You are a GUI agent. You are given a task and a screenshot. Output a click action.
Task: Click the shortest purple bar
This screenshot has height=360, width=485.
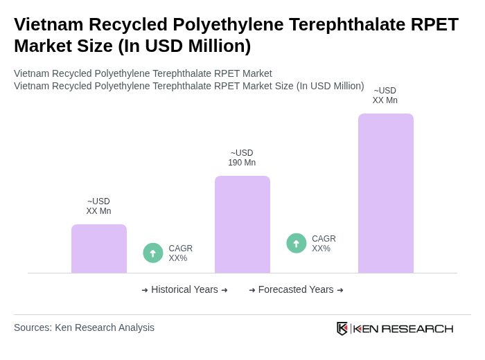(x=99, y=249)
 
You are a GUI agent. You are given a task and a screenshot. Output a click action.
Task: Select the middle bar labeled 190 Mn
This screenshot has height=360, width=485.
(x=242, y=224)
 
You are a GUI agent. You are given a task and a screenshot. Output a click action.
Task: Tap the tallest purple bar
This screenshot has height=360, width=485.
(x=386, y=193)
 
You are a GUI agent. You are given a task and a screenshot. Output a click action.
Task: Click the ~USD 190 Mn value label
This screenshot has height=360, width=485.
(x=242, y=158)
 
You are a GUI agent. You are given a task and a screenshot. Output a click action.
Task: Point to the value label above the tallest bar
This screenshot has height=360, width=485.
(x=385, y=96)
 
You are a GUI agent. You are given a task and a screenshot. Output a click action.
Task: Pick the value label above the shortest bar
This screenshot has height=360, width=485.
(x=98, y=206)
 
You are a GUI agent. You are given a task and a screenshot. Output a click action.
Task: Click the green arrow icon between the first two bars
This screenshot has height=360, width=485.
(x=153, y=253)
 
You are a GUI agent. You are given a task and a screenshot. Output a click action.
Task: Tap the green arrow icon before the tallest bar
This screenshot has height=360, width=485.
(x=297, y=244)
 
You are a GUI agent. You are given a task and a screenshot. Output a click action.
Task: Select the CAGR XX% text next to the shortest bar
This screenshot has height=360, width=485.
(x=180, y=253)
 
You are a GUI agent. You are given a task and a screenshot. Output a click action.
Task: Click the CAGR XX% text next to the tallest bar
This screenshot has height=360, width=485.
(x=324, y=244)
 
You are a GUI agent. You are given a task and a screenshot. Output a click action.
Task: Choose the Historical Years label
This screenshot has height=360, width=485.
(x=184, y=290)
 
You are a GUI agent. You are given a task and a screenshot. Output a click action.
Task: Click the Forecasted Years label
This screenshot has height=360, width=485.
(x=296, y=290)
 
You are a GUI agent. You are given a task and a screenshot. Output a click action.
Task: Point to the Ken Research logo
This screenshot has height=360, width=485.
(x=395, y=328)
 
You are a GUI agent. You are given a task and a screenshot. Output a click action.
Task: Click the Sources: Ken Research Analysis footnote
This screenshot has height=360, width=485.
(x=84, y=327)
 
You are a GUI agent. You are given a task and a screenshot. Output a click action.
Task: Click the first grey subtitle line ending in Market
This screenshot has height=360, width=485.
(x=143, y=73)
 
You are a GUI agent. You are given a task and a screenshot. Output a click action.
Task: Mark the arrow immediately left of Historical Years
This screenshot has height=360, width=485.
(x=145, y=290)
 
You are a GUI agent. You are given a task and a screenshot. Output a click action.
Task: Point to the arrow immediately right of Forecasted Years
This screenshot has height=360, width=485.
(x=340, y=290)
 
